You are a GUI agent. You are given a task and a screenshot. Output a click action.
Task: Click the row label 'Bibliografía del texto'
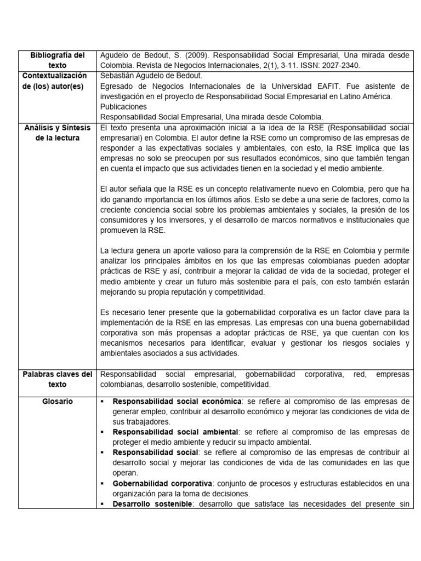57,60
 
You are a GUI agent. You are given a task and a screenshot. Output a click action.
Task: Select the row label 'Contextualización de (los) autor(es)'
57,81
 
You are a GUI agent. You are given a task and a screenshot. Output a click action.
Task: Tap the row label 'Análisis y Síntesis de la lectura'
57,133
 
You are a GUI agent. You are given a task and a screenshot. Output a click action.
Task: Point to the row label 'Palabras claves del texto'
57,379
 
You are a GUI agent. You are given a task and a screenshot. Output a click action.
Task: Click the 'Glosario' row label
57,402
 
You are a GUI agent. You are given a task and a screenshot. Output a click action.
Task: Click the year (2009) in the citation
186,55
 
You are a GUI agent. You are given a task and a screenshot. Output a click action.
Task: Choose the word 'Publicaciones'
124,106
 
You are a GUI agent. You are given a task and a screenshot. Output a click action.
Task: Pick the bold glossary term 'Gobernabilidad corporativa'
162,483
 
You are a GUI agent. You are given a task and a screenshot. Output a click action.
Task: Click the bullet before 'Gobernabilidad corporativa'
103,483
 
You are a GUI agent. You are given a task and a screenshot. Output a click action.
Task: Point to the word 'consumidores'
124,220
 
